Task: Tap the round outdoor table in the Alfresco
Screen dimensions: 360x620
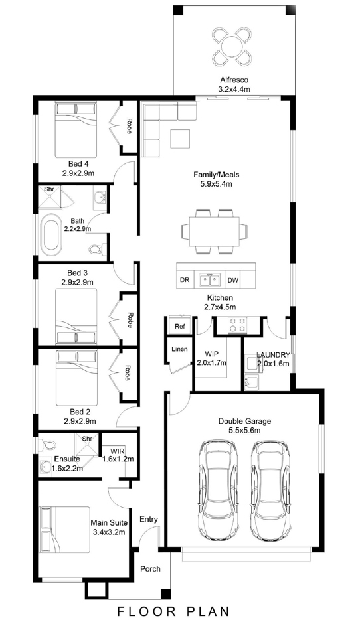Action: (231, 46)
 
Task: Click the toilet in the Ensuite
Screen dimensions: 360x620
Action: (48, 445)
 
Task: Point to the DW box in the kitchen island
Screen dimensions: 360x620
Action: (233, 280)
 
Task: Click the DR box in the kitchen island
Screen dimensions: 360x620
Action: (185, 280)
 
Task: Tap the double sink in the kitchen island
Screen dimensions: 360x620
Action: (209, 280)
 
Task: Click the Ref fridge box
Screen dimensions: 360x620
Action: (179, 325)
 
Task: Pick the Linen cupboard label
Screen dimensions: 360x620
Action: (179, 349)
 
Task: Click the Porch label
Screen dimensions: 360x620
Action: (151, 569)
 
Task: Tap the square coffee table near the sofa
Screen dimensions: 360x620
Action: (181, 139)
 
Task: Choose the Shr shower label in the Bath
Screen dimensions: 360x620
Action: (49, 189)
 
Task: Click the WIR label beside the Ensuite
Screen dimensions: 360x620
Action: (115, 451)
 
